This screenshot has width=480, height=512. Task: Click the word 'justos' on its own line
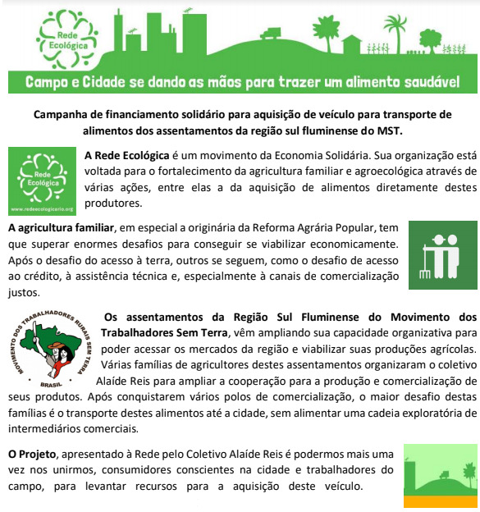[22, 290]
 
